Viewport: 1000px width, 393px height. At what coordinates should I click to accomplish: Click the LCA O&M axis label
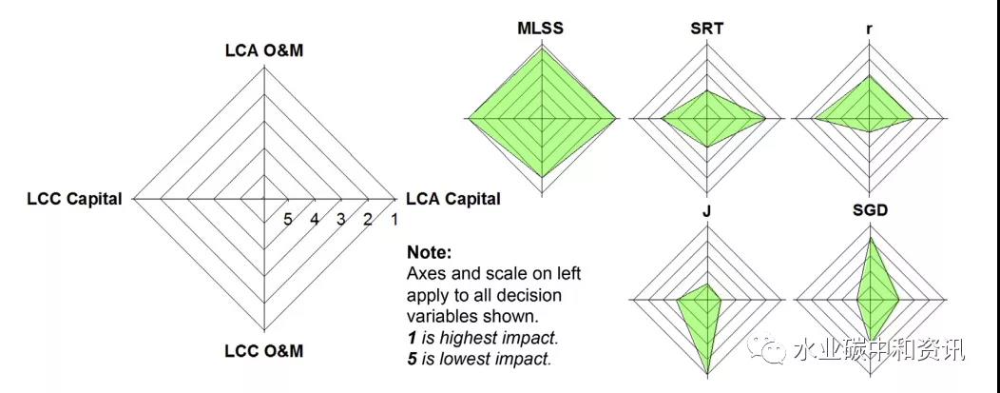[x=263, y=50]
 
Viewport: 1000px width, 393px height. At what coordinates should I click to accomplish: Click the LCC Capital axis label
[x=74, y=199]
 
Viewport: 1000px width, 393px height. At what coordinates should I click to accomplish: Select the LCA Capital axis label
[x=452, y=199]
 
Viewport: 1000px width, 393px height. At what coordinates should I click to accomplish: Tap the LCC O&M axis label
[x=263, y=350]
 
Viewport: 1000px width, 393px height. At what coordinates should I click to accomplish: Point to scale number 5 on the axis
[x=287, y=220]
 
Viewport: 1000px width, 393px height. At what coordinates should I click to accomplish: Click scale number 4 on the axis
[x=314, y=220]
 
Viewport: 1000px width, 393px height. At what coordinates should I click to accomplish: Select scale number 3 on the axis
[x=340, y=220]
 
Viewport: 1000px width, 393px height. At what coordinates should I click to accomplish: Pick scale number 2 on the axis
[x=367, y=220]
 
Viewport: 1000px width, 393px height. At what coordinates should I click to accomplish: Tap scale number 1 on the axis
[x=394, y=220]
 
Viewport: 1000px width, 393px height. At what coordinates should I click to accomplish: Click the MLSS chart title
[x=540, y=28]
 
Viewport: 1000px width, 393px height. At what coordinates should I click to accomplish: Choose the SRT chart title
[x=706, y=28]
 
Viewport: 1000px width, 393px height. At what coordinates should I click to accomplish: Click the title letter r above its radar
[x=870, y=28]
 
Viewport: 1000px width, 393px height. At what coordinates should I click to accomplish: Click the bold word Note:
[x=429, y=253]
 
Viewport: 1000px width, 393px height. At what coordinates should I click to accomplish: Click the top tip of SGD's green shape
[x=869, y=237]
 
